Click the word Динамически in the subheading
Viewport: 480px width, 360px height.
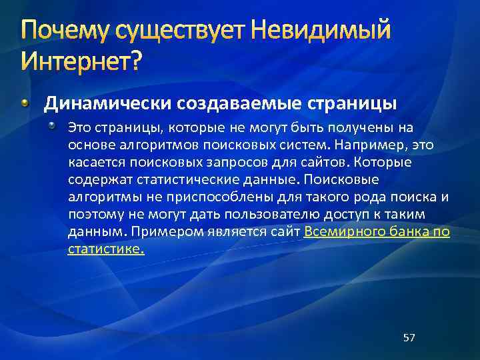107,104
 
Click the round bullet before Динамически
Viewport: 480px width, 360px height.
25,103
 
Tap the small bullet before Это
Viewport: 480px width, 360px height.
59,126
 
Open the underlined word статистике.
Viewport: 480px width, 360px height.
106,249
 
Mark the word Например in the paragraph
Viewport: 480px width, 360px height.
378,145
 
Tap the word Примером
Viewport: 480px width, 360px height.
159,231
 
